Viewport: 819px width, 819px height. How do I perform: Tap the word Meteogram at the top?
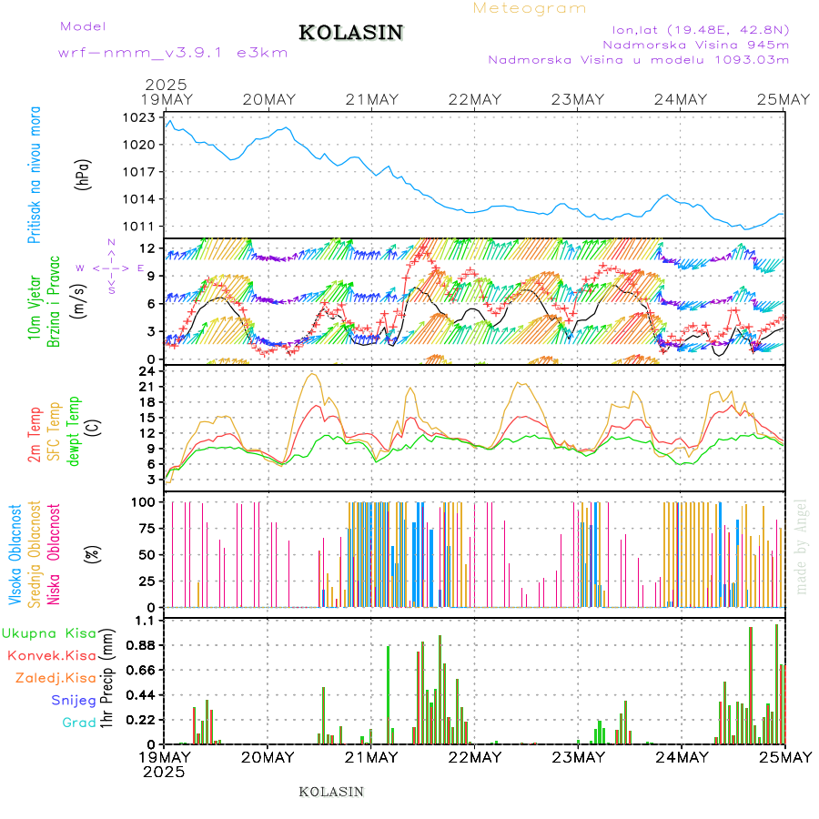[x=530, y=8]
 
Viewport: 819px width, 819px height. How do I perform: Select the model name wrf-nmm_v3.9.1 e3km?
[x=173, y=53]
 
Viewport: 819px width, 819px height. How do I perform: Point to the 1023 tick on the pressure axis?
[x=139, y=117]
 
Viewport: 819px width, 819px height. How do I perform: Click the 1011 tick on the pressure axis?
[x=139, y=226]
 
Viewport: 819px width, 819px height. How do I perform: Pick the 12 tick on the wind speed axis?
[x=144, y=248]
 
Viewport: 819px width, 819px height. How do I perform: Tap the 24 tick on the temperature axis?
[x=144, y=371]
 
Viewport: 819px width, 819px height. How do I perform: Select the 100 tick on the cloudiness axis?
[x=141, y=501]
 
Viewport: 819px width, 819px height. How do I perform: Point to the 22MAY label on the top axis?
[x=474, y=99]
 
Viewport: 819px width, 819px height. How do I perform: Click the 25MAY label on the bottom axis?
[x=784, y=757]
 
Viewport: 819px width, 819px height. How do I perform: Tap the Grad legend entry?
[x=78, y=723]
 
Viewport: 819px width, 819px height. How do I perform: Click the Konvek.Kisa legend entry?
[x=51, y=655]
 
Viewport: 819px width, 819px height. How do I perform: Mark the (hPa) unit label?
[x=83, y=173]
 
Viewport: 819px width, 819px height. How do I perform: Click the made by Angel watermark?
[x=802, y=545]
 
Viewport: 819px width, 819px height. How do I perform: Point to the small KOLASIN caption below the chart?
[x=331, y=792]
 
